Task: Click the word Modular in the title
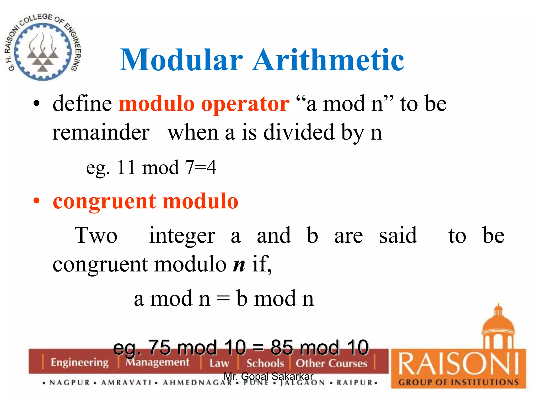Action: [x=181, y=60]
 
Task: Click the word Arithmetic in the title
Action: [x=328, y=60]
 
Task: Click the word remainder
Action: [x=101, y=132]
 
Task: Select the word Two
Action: [x=96, y=235]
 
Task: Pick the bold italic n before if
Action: [x=239, y=264]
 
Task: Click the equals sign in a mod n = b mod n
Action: [x=223, y=299]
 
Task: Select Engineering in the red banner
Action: [x=79, y=363]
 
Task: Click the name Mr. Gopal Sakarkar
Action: [x=268, y=376]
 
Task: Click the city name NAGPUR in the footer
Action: [x=70, y=383]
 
